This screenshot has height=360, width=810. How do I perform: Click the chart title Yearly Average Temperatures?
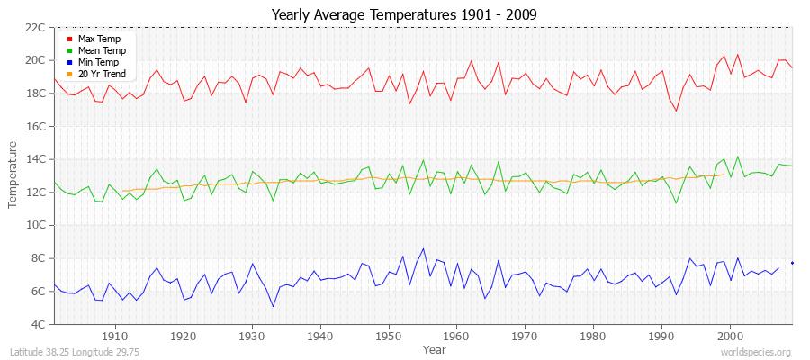[405, 13]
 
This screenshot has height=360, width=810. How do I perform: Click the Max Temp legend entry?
[98, 40]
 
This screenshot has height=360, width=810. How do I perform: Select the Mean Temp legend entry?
[101, 51]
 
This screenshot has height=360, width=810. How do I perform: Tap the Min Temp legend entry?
[98, 62]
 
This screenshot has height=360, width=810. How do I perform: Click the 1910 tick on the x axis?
[114, 336]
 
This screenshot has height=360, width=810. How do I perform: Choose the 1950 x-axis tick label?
[388, 336]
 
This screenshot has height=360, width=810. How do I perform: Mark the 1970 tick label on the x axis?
[525, 336]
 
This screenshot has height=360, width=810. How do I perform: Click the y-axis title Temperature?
[13, 175]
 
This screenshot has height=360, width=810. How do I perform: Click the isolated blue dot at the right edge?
[792, 263]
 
